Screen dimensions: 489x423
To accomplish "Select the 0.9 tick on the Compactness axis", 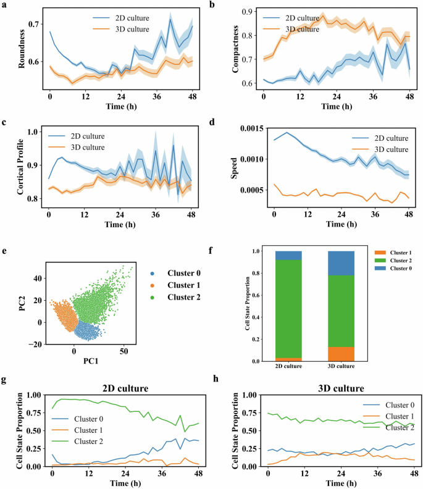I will click(x=245, y=12).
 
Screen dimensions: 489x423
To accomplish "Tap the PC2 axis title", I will click(x=22, y=299).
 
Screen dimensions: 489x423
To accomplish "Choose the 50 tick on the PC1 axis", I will click(x=124, y=351).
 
